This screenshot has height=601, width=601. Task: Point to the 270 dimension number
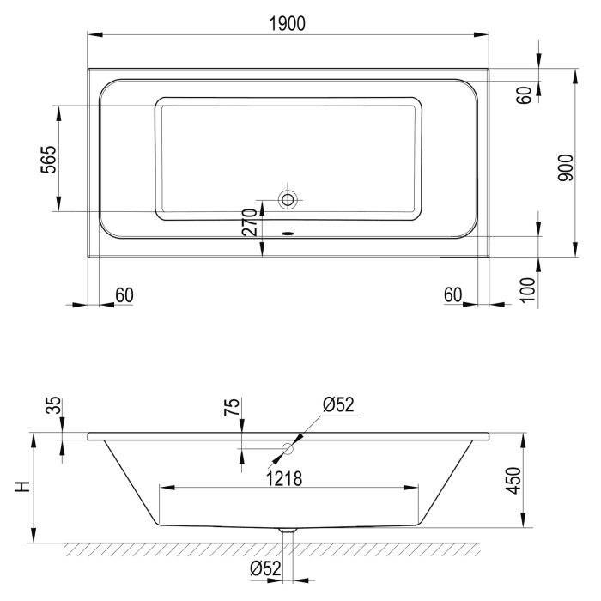click(x=250, y=221)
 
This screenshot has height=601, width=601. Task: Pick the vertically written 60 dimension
click(x=525, y=94)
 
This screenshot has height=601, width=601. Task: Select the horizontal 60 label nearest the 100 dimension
click(x=454, y=295)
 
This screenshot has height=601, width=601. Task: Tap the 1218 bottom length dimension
click(x=283, y=477)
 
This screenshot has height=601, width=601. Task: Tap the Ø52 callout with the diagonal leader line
click(x=339, y=404)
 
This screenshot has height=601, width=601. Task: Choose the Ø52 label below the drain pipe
click(x=267, y=568)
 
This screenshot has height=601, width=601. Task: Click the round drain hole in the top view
click(x=288, y=200)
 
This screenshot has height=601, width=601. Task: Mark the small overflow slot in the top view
click(x=288, y=230)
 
